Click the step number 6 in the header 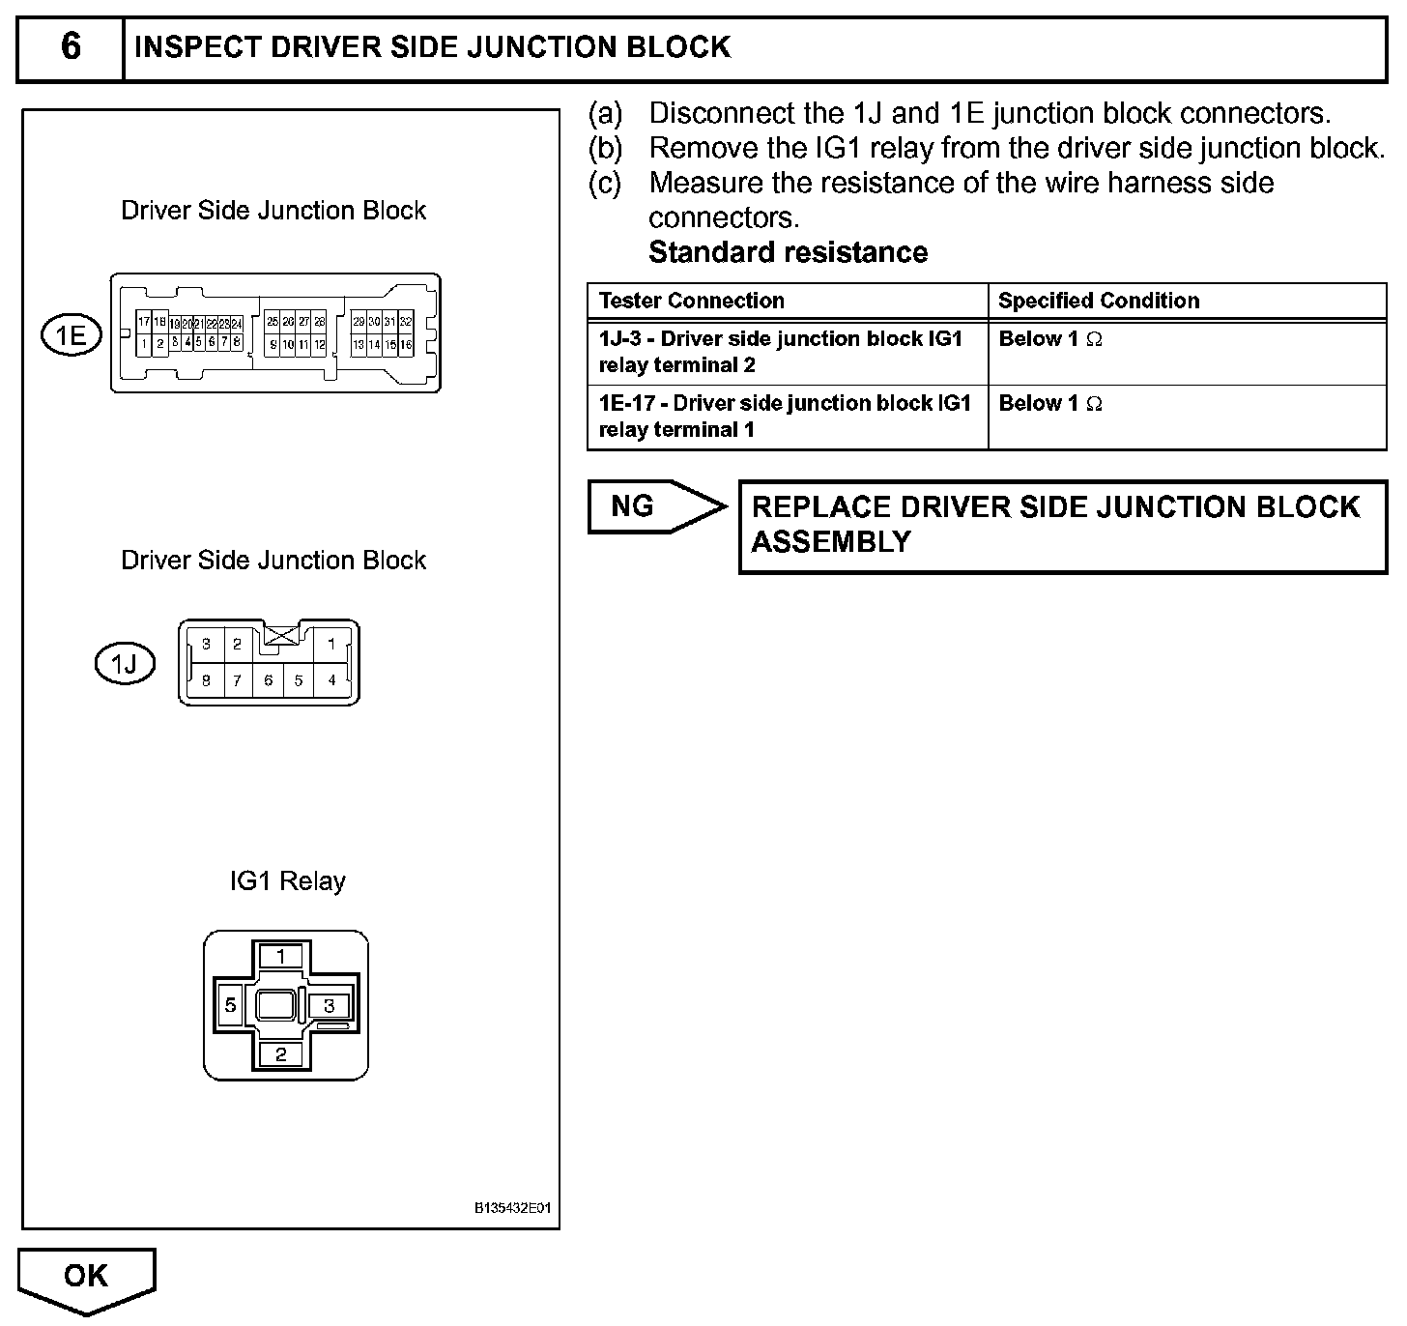click(71, 47)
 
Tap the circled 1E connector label click(71, 335)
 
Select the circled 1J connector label click(125, 664)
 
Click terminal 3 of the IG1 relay click(330, 1006)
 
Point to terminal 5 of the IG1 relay click(230, 1005)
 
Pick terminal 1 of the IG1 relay click(280, 957)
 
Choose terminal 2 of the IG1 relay click(280, 1054)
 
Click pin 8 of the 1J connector click(207, 680)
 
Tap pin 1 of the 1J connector click(331, 644)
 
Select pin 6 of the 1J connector click(269, 680)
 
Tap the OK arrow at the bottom click(86, 1278)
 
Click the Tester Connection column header click(691, 301)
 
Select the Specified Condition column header click(1099, 301)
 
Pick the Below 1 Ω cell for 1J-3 click(1050, 339)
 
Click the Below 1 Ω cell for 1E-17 click(1050, 404)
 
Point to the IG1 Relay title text click(287, 881)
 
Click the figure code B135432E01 click(512, 1208)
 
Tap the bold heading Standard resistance click(788, 252)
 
